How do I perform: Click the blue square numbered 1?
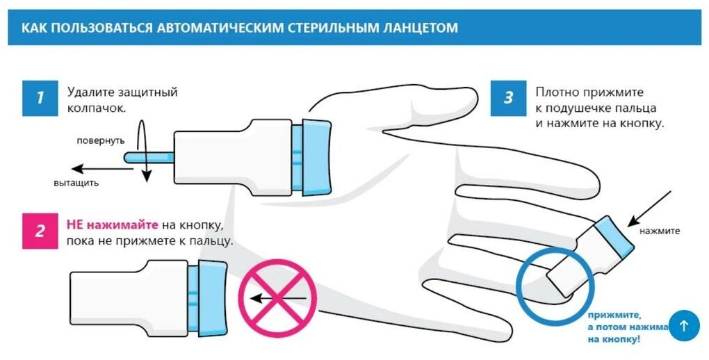click(x=40, y=97)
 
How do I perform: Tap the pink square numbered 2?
click(x=40, y=231)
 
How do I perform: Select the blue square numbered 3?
click(x=508, y=97)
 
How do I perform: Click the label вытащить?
click(x=76, y=183)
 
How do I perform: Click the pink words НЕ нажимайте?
click(x=112, y=225)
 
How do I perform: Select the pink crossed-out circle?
click(x=277, y=298)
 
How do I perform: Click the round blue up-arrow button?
click(x=683, y=325)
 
